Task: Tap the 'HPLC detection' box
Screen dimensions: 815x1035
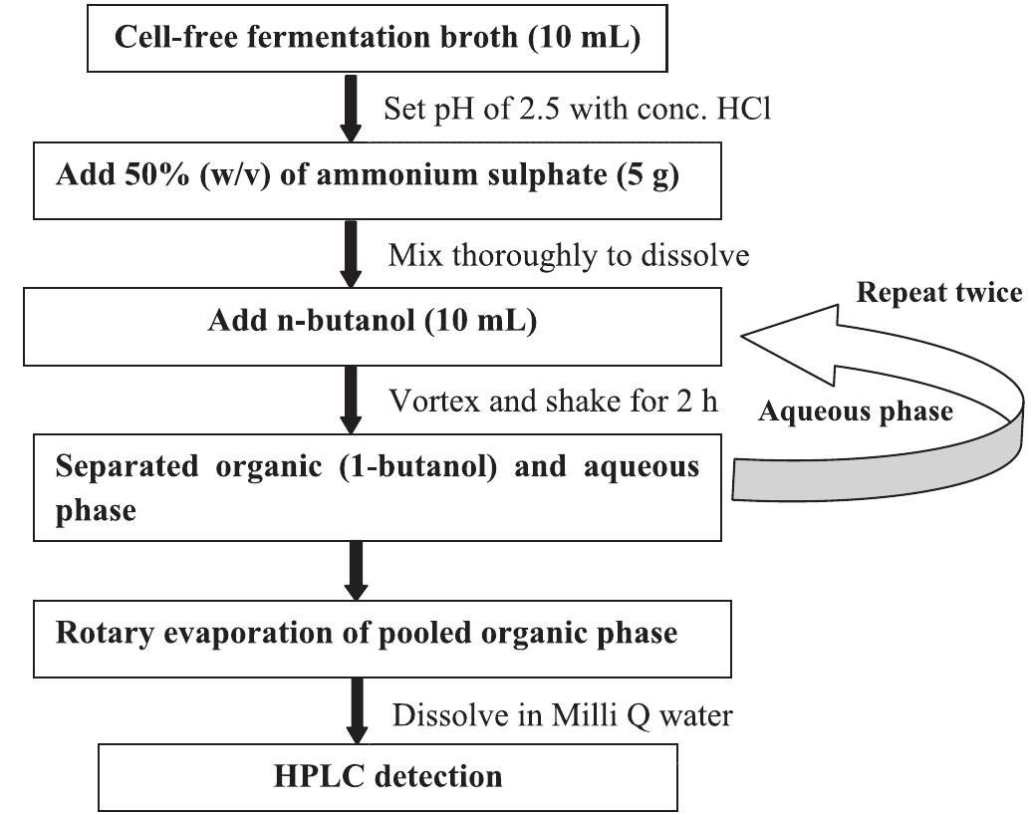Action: [388, 776]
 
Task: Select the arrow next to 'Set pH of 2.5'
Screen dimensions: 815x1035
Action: [350, 108]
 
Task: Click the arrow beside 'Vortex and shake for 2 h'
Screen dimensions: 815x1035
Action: [350, 400]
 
